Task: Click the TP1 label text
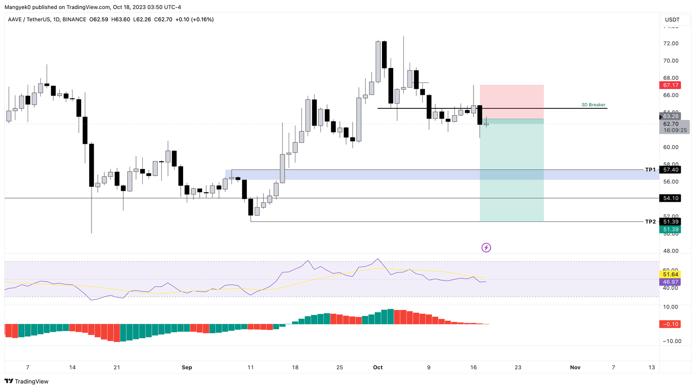(650, 170)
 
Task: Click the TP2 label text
(650, 222)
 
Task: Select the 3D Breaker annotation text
(593, 105)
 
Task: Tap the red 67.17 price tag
(671, 85)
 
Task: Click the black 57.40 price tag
(671, 170)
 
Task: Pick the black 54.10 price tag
(671, 198)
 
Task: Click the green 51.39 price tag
(671, 229)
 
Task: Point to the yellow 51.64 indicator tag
(671, 274)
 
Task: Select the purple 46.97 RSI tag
(671, 282)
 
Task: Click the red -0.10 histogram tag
(671, 324)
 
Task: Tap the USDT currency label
(672, 19)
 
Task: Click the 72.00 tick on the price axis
(671, 44)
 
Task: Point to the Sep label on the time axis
(187, 367)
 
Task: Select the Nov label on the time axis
(575, 367)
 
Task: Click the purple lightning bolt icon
(486, 248)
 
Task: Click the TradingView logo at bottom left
(27, 381)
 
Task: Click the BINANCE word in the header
(74, 19)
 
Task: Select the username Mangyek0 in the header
(18, 7)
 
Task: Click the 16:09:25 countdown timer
(675, 130)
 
